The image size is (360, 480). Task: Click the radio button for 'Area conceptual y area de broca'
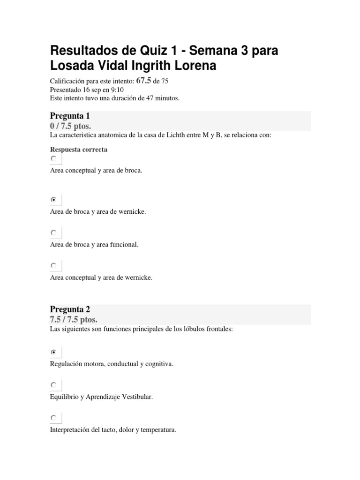click(54, 159)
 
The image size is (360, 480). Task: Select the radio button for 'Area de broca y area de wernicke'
click(54, 200)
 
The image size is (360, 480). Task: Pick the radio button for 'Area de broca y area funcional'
click(54, 233)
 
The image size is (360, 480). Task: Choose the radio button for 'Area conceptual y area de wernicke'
click(54, 266)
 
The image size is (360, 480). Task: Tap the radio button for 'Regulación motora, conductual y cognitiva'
click(54, 352)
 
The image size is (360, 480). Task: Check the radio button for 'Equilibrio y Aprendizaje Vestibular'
click(54, 385)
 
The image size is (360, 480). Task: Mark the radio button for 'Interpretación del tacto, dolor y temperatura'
click(54, 418)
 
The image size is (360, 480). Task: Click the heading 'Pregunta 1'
click(69, 116)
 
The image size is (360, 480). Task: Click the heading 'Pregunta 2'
click(69, 309)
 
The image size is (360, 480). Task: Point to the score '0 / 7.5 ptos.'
click(70, 126)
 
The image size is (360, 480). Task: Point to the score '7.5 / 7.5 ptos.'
click(74, 320)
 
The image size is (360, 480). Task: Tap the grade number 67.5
click(144, 81)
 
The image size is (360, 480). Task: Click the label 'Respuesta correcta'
click(78, 150)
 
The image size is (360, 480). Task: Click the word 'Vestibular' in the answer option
click(138, 397)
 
